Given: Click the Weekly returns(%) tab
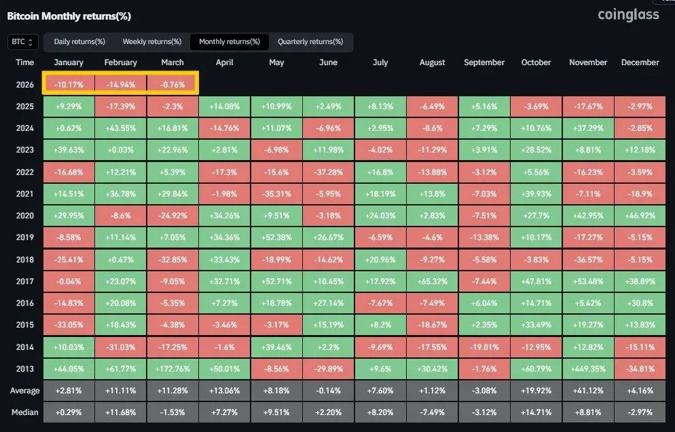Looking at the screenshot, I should pyautogui.click(x=152, y=42).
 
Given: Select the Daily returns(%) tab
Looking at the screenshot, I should pyautogui.click(x=79, y=42).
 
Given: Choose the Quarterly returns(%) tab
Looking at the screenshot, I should pyautogui.click(x=310, y=42).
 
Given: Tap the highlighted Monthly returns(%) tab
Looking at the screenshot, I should pyautogui.click(x=230, y=42).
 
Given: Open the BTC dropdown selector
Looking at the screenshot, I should pyautogui.click(x=23, y=42).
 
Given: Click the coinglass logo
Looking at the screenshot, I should pyautogui.click(x=628, y=14).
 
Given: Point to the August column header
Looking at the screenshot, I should pyautogui.click(x=432, y=62).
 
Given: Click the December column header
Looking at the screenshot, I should pyautogui.click(x=640, y=62).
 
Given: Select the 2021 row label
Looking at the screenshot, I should pyautogui.click(x=25, y=193).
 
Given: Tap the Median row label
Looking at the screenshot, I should pyautogui.click(x=25, y=412).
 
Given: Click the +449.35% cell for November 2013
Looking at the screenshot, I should pyautogui.click(x=587, y=369).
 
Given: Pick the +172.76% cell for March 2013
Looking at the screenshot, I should pyautogui.click(x=172, y=369).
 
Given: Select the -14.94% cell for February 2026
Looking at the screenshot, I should pyautogui.click(x=121, y=85).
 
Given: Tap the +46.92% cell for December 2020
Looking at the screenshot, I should pyautogui.click(x=640, y=216).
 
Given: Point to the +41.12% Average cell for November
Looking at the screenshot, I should pyautogui.click(x=587, y=391).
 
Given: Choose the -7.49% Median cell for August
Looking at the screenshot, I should pyautogui.click(x=432, y=412).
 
